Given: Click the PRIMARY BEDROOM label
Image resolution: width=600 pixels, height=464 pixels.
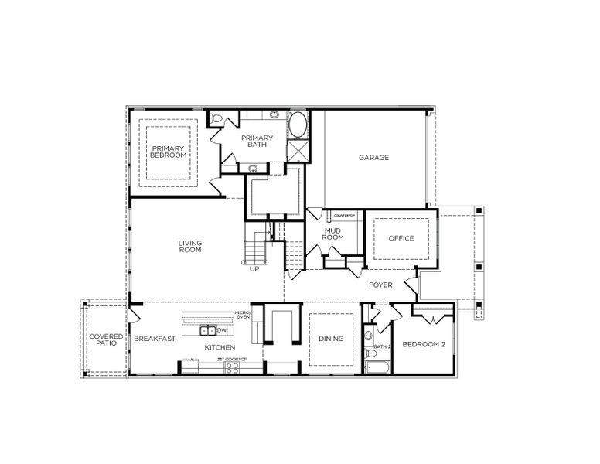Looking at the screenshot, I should (x=169, y=152).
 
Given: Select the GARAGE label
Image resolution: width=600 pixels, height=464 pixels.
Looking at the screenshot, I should (x=373, y=158).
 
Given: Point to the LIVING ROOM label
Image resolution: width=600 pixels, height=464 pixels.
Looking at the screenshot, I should (x=190, y=247).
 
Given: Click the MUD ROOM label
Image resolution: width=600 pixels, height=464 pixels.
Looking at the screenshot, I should (x=332, y=234).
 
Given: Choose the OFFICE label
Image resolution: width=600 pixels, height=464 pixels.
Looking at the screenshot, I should (x=401, y=238).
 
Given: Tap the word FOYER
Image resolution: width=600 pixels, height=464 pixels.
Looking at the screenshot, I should (x=380, y=285).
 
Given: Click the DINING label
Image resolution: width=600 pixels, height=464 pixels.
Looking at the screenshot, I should (x=331, y=339).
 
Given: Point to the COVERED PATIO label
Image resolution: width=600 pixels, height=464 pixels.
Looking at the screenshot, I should (x=104, y=342).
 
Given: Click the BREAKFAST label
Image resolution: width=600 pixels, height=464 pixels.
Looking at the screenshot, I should (x=155, y=339).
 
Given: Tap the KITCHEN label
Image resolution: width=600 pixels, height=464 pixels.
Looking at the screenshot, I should (x=220, y=348).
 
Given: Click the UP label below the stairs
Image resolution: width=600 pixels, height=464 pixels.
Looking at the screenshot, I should (x=254, y=269).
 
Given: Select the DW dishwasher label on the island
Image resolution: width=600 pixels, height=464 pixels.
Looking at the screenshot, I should (x=222, y=331).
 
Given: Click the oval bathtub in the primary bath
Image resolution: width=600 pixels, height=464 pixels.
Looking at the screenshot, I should (x=298, y=125).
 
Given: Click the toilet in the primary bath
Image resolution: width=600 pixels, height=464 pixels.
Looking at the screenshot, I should (x=218, y=118).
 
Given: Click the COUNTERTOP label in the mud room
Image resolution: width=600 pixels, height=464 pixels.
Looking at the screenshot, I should (x=343, y=214).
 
